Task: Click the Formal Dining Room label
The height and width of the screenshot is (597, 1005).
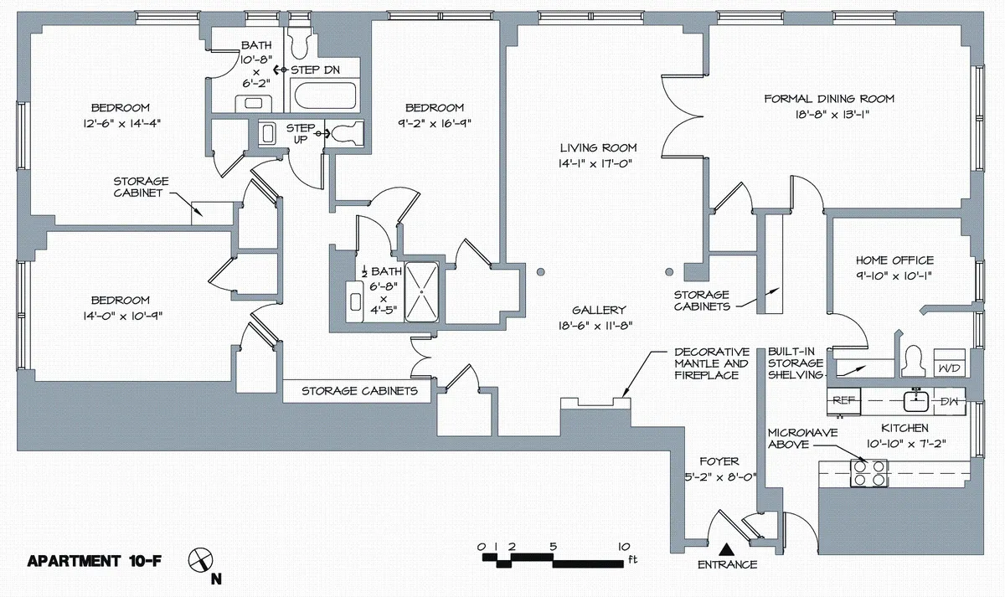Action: click(x=829, y=99)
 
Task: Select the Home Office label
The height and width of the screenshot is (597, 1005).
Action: click(x=894, y=260)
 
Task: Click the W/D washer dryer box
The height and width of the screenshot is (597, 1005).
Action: click(x=948, y=368)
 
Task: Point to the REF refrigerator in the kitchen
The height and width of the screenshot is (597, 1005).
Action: click(x=843, y=400)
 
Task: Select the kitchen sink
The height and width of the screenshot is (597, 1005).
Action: click(x=916, y=402)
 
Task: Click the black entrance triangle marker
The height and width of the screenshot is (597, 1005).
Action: click(x=727, y=548)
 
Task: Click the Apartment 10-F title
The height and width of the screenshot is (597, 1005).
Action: click(x=95, y=561)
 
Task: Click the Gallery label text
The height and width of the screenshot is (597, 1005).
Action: click(x=599, y=310)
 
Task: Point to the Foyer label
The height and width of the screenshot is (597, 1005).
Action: click(x=719, y=461)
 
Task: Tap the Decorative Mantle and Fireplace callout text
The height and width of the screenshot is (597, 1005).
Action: click(x=711, y=363)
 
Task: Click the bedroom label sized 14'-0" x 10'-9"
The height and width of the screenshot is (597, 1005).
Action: click(x=121, y=301)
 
